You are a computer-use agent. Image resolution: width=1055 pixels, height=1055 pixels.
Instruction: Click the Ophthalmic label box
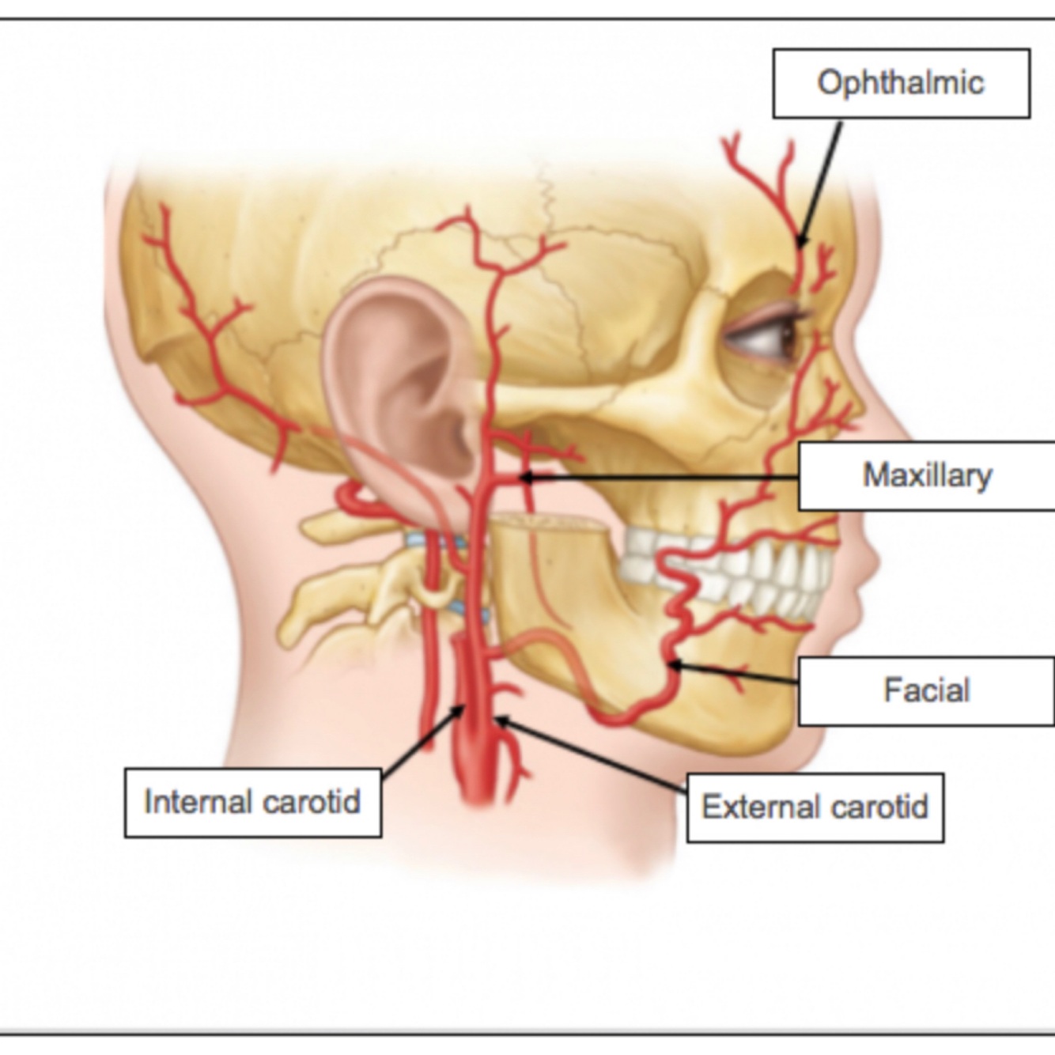point(901,83)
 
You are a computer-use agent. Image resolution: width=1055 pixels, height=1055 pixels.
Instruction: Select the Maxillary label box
point(926,475)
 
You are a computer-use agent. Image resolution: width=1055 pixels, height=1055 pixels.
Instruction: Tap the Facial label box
point(926,690)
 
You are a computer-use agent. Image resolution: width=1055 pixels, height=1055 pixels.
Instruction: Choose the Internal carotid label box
point(253,802)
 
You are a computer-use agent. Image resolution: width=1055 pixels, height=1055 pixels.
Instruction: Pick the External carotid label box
point(815,807)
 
